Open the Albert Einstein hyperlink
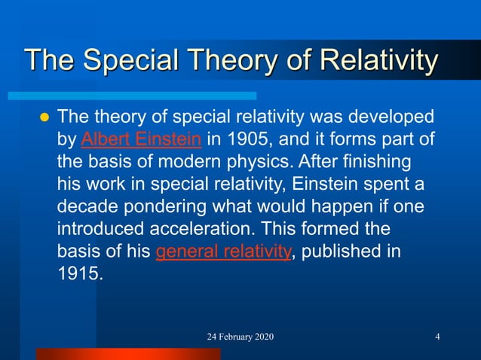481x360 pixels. coord(140,139)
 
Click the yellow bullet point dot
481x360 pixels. coord(43,118)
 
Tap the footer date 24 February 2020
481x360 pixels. coord(240,336)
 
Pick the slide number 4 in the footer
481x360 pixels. coord(438,336)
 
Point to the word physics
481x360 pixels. coord(257,162)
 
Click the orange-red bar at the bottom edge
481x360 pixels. coord(128,353)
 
